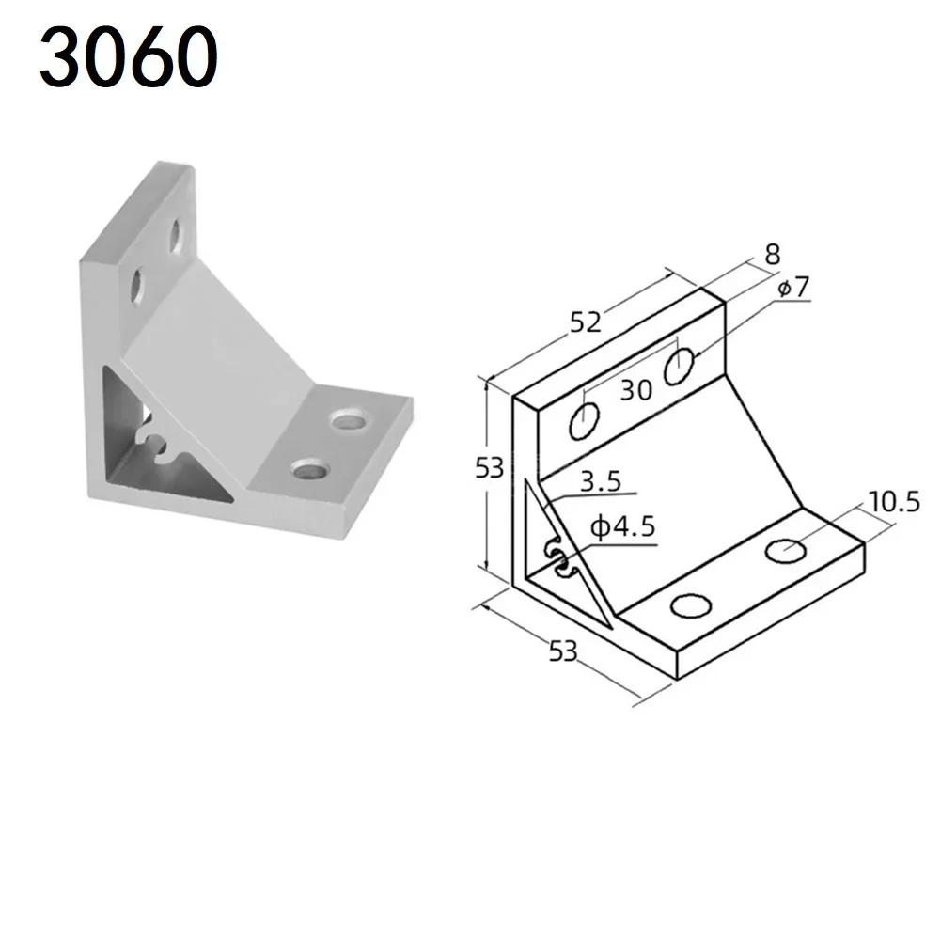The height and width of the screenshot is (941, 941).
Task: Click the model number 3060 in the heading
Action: pyautogui.click(x=127, y=58)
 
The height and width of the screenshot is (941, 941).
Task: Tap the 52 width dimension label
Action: pyautogui.click(x=585, y=322)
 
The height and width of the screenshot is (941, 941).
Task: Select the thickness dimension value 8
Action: pyautogui.click(x=773, y=254)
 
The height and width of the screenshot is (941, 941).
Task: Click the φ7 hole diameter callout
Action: pyautogui.click(x=793, y=287)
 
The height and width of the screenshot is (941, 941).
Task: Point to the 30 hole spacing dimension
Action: pyautogui.click(x=635, y=389)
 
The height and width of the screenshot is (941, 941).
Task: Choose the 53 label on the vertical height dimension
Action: pyautogui.click(x=489, y=467)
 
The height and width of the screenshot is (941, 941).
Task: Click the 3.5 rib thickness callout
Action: pyautogui.click(x=601, y=482)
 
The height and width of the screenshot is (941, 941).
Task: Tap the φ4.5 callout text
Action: pyautogui.click(x=622, y=527)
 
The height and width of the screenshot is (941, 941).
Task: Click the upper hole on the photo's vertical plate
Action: pyautogui.click(x=176, y=236)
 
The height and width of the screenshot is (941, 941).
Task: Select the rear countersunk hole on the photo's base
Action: pyautogui.click(x=350, y=419)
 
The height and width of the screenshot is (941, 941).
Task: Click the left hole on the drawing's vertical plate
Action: pyautogui.click(x=584, y=421)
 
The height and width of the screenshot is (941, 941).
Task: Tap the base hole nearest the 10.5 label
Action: pyautogui.click(x=785, y=550)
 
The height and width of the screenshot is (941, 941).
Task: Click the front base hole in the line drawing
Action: pyautogui.click(x=691, y=606)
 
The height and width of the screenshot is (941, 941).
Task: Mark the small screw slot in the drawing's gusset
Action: pyautogui.click(x=558, y=559)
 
